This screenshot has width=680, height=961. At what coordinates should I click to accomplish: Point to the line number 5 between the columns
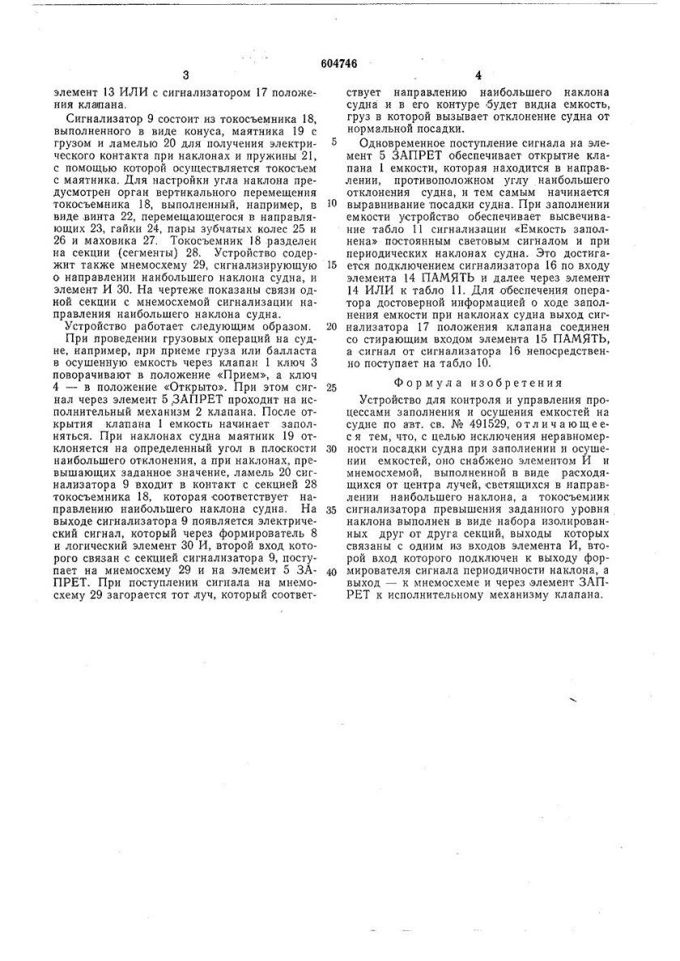click(334, 140)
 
